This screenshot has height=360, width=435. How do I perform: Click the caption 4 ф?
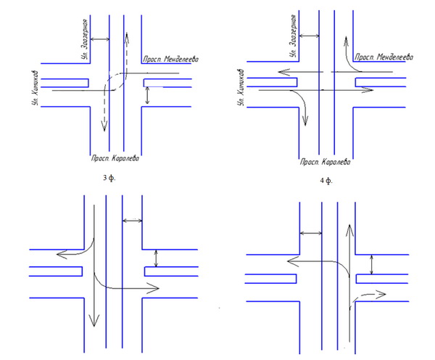point(326,178)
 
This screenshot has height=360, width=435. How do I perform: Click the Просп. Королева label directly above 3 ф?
point(115,157)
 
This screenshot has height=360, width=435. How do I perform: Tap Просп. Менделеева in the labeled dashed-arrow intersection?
point(170,58)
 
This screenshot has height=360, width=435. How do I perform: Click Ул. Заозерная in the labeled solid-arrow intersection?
point(294,35)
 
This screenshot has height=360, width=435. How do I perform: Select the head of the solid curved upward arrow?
point(347,39)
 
